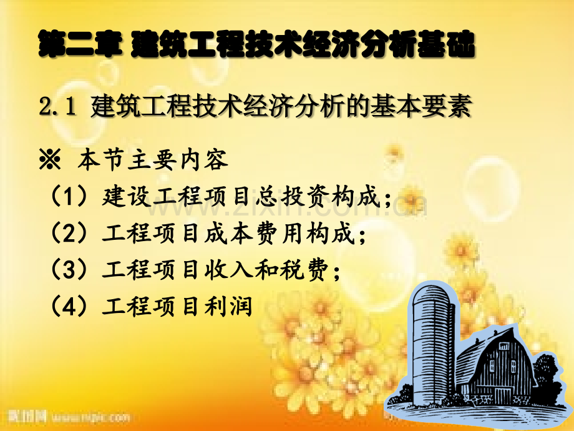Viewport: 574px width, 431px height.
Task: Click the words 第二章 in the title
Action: [79, 44]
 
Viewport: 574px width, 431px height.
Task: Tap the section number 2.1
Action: [57, 107]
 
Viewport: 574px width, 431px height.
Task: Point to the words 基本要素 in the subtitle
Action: [421, 106]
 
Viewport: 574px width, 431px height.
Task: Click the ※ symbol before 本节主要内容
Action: [50, 160]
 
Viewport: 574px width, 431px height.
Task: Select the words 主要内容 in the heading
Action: [178, 160]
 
